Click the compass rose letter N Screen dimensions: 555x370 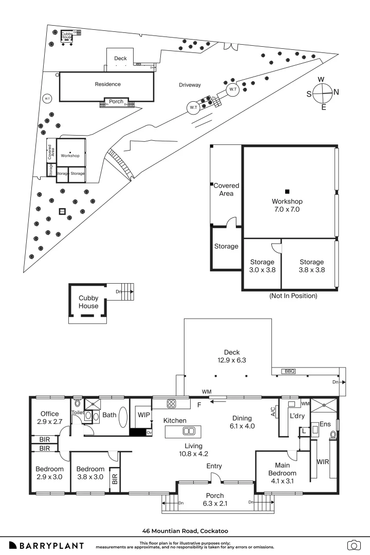[x=336, y=92]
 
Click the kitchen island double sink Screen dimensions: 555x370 [x=189, y=431]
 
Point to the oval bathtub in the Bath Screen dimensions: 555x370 [x=123, y=417]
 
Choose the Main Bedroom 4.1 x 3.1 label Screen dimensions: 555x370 [x=280, y=469]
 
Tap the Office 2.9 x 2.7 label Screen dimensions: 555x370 [x=50, y=417]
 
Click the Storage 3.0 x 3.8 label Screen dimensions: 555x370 [x=262, y=265]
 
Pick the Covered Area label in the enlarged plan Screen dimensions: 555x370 [x=226, y=189]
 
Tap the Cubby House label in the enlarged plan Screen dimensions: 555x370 [x=88, y=302]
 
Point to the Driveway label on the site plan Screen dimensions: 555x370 [x=190, y=85]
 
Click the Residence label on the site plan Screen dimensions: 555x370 [x=107, y=84]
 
